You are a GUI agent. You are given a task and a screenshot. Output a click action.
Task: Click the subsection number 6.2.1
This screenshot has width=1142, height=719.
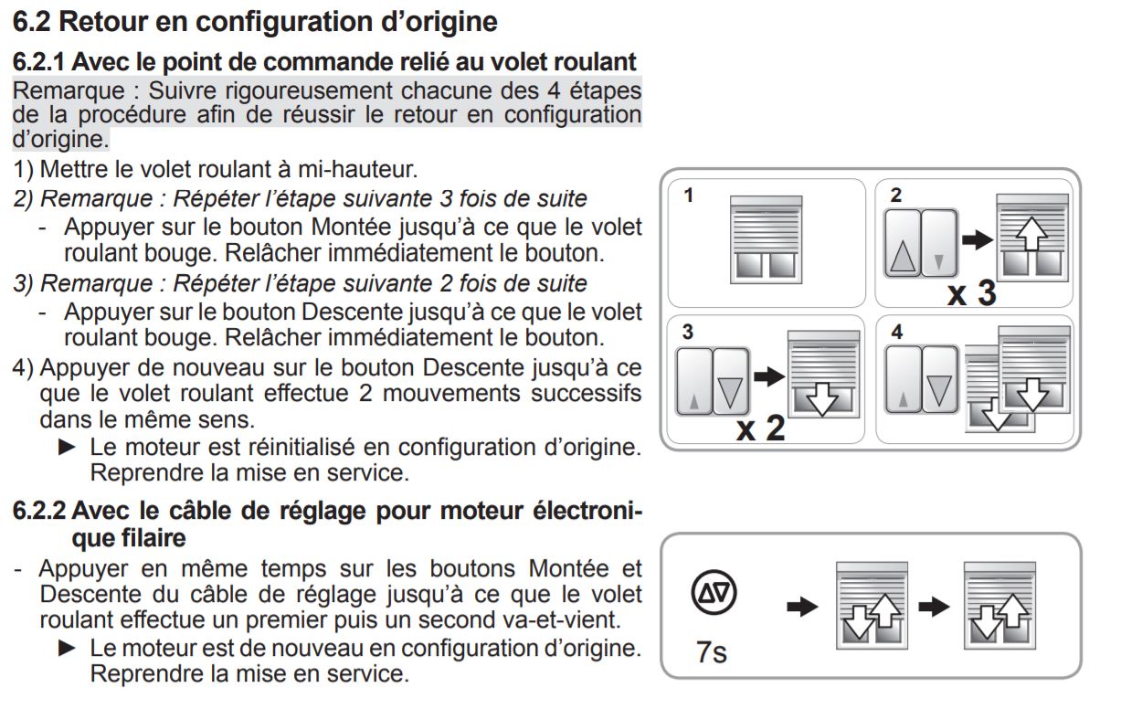click(38, 63)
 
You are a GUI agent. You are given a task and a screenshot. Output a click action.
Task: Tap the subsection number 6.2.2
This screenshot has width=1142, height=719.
click(38, 511)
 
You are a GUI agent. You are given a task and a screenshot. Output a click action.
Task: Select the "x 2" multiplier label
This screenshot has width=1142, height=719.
click(760, 428)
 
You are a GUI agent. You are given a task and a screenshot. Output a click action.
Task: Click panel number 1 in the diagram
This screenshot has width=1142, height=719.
click(688, 195)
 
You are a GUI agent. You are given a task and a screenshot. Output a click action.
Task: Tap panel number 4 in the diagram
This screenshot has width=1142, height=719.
click(896, 332)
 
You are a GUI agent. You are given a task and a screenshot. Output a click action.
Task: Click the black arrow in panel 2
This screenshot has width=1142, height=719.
click(978, 240)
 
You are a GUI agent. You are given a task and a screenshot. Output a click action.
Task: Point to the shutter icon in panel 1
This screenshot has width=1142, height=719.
click(767, 237)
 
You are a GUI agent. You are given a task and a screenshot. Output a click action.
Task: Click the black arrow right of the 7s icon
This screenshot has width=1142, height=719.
click(802, 607)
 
